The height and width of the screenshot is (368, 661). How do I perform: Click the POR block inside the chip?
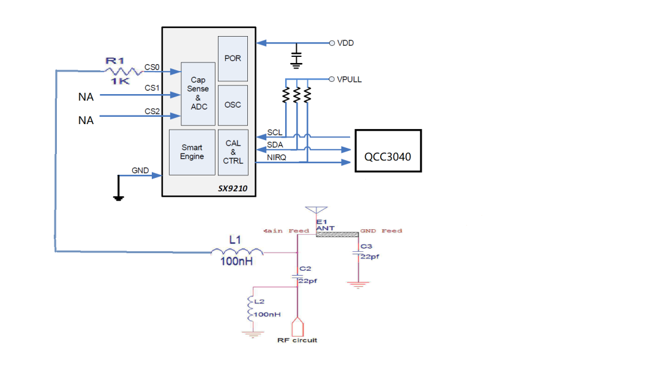[x=233, y=59]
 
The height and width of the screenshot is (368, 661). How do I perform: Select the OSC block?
[x=233, y=105]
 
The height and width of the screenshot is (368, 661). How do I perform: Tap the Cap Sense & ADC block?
[x=198, y=94]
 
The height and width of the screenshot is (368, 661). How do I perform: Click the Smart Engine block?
[x=192, y=152]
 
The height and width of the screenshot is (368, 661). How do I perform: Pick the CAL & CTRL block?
[x=233, y=152]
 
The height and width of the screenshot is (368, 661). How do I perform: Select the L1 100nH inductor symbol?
[x=237, y=252]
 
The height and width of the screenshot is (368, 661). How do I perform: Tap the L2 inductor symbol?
[x=250, y=310]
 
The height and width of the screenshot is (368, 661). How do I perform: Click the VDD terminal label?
[x=345, y=43]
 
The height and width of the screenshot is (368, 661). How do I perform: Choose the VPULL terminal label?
[x=349, y=79]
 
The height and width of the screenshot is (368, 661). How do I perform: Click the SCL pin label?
[x=275, y=133]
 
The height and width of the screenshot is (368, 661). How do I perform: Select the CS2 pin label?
[x=152, y=111]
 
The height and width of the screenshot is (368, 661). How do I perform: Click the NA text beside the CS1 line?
[x=86, y=97]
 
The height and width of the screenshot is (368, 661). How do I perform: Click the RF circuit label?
[x=297, y=340]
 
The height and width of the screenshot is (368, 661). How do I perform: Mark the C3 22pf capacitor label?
[x=368, y=251]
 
